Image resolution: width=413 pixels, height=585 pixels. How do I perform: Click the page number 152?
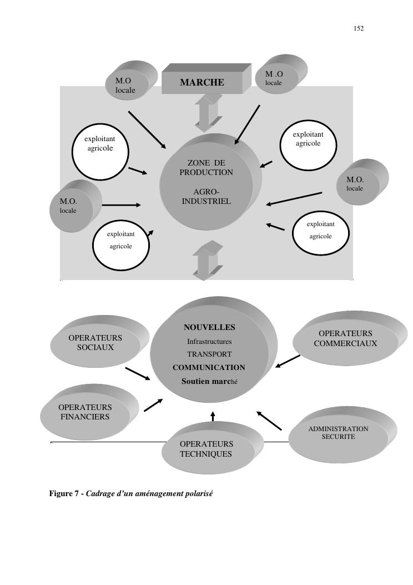pyautogui.click(x=359, y=28)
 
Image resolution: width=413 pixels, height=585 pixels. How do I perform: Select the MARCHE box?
pyautogui.click(x=202, y=83)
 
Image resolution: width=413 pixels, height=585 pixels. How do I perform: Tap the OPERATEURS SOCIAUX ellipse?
pyautogui.click(x=95, y=343)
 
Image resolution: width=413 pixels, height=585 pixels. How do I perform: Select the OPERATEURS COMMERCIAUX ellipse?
pyautogui.click(x=345, y=339)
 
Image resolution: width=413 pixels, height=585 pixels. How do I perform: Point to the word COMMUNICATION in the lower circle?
pyautogui.click(x=209, y=368)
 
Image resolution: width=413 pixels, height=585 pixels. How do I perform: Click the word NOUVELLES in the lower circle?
pyautogui.click(x=209, y=328)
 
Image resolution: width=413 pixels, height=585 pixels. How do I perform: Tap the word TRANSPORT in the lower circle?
pyautogui.click(x=209, y=354)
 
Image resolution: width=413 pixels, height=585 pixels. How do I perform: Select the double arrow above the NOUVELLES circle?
pyautogui.click(x=208, y=259)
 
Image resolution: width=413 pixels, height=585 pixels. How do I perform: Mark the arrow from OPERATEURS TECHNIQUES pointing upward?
pyautogui.click(x=213, y=416)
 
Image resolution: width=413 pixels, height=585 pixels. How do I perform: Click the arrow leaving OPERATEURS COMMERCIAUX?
pyautogui.click(x=288, y=362)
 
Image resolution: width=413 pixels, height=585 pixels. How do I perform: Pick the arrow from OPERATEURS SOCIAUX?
pyautogui.click(x=138, y=374)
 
